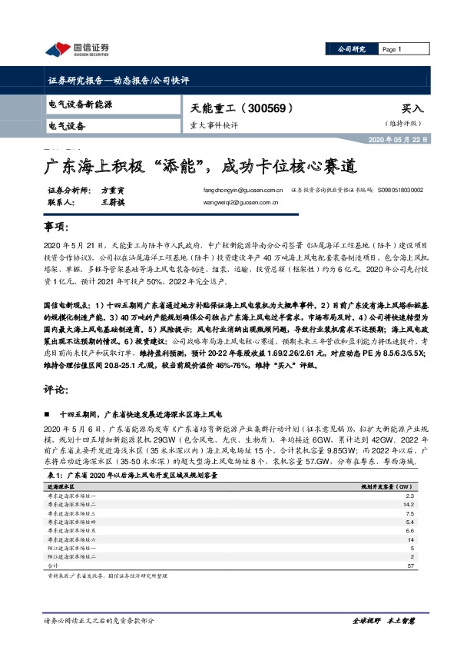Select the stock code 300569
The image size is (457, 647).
click(x=263, y=108)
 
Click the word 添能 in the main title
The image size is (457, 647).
click(x=177, y=166)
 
